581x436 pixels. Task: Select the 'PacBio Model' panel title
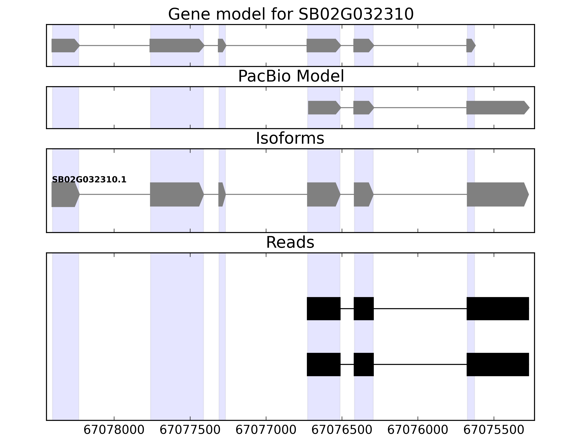tap(291, 76)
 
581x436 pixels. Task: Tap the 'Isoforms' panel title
tap(290, 138)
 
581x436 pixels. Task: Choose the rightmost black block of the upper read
tap(497, 308)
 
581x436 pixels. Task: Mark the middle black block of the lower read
tap(363, 364)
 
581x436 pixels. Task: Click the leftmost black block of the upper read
tap(324, 308)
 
